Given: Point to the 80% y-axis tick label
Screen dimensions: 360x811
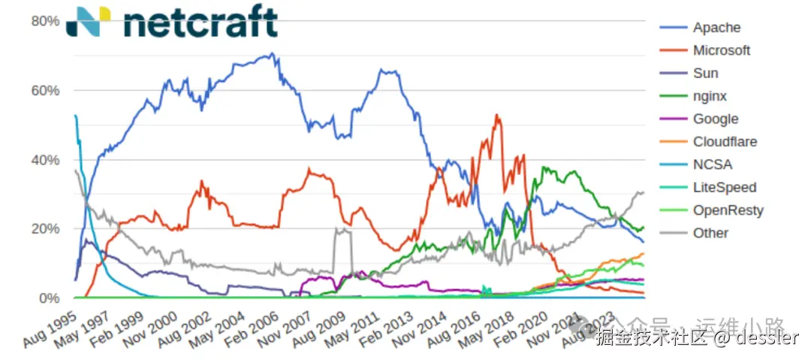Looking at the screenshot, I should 45,21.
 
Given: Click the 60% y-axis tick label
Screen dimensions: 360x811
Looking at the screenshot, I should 45,90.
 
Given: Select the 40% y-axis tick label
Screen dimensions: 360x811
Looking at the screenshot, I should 45,160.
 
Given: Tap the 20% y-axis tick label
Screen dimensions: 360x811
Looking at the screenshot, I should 45,228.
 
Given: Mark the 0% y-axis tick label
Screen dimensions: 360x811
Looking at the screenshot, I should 50,298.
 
